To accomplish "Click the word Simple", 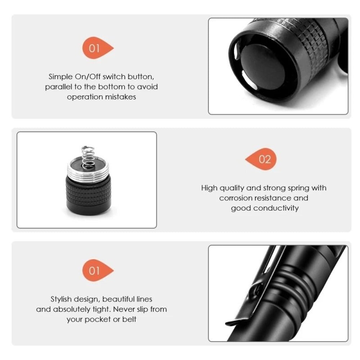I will pyautogui.click(x=61, y=77).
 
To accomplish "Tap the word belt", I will pyautogui.click(x=129, y=319).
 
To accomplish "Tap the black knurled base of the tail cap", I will pyautogui.click(x=88, y=194).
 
